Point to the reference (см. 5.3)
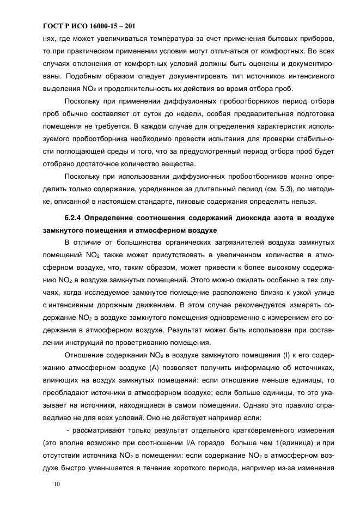pyautogui.click(x=269, y=189)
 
